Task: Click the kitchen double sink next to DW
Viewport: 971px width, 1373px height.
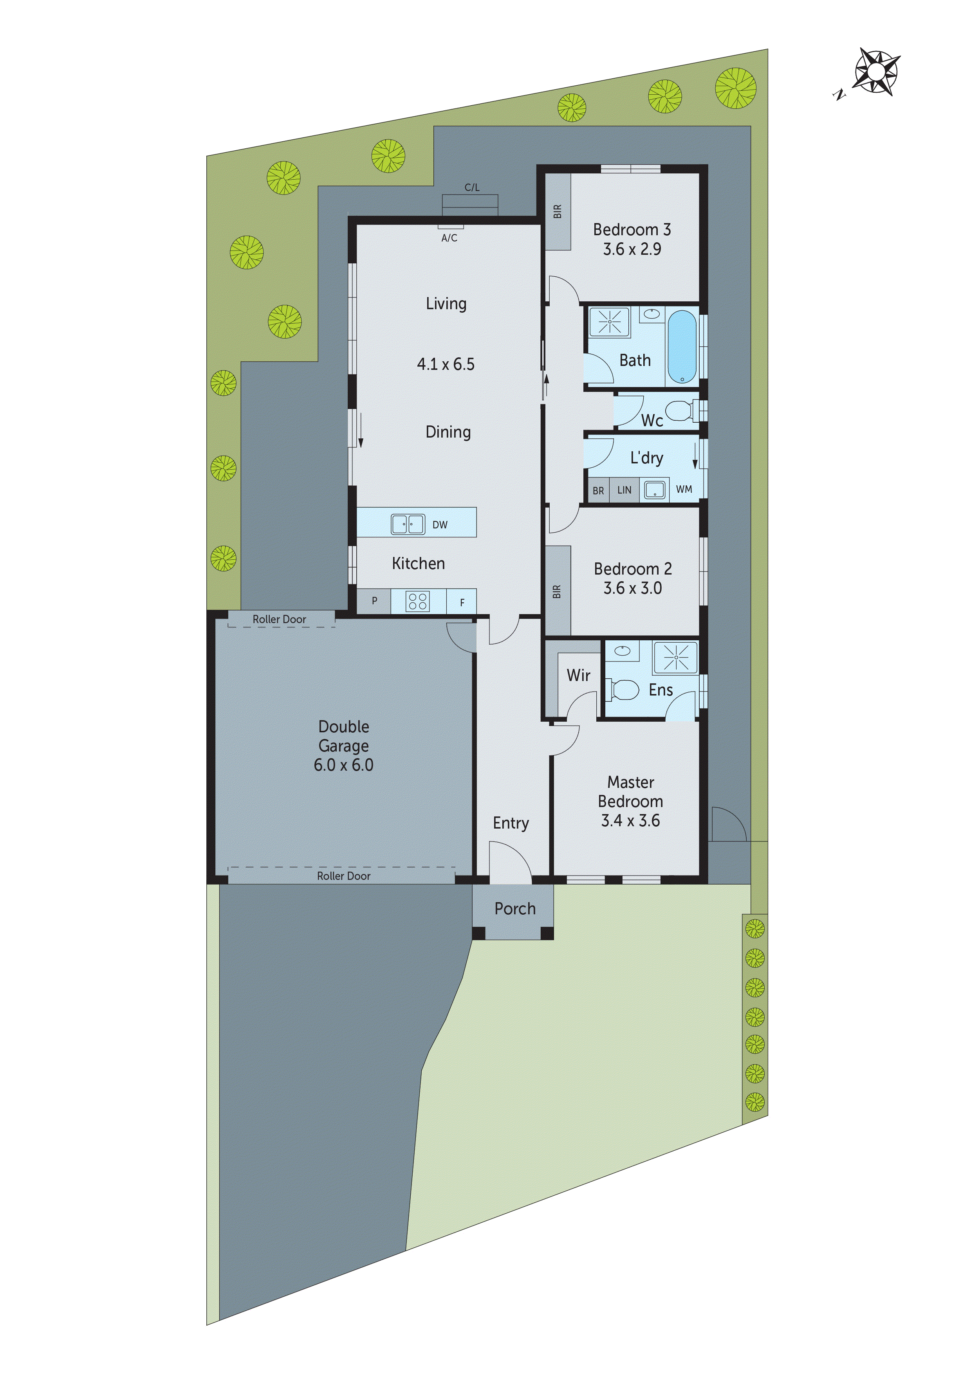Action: (408, 524)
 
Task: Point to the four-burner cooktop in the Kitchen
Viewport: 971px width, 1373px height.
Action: (418, 601)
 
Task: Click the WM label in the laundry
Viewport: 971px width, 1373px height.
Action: (684, 489)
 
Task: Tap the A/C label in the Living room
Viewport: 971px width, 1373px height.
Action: (449, 238)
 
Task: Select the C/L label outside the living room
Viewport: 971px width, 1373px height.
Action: (472, 187)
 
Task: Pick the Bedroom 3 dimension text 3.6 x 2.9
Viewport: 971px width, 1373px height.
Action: (632, 249)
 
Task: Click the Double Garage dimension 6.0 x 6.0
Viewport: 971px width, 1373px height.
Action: (343, 765)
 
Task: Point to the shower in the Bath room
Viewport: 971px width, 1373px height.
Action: (610, 322)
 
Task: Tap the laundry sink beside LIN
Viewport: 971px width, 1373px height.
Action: (655, 490)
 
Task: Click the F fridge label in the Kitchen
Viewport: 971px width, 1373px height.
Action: (462, 603)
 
